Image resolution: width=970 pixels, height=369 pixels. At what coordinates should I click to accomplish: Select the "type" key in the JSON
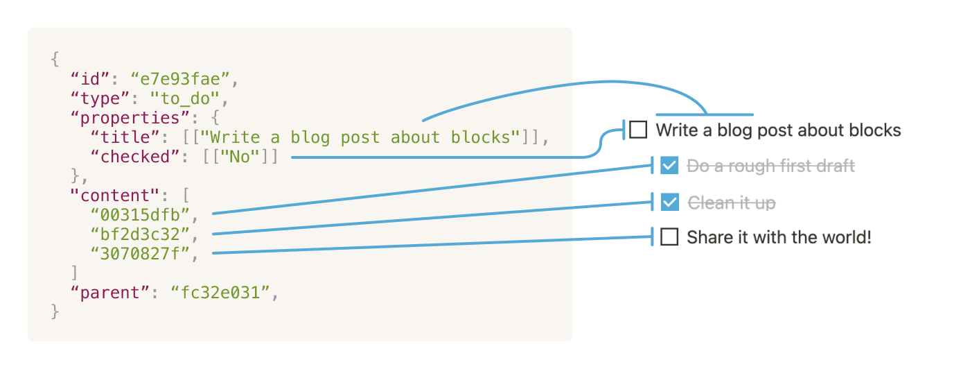[x=96, y=98]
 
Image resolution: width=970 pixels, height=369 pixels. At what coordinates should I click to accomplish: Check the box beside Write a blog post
[x=638, y=130]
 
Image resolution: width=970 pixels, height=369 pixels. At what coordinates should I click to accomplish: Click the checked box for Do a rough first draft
[x=669, y=166]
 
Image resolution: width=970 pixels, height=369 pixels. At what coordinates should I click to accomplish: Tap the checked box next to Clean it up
[x=669, y=203]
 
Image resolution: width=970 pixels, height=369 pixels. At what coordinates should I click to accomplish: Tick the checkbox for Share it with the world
[x=669, y=238]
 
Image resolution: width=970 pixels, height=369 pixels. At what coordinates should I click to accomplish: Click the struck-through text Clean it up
[x=731, y=203]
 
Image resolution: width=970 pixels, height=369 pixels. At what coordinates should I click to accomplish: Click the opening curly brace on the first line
[x=55, y=60]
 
